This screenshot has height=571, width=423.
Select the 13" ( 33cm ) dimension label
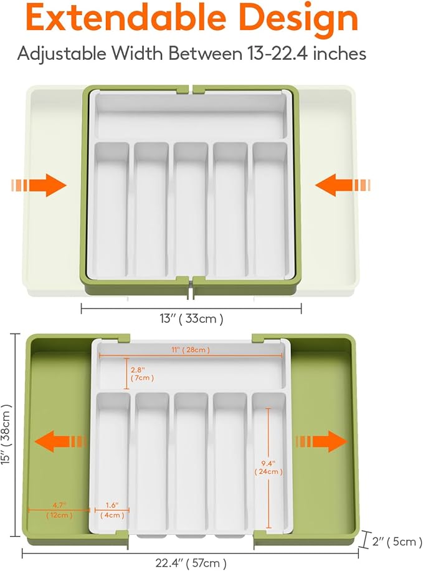coord(191,319)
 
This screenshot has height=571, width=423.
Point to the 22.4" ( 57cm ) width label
coord(191,563)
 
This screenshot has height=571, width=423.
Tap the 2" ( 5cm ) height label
coord(397,542)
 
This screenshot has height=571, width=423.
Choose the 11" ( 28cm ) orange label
coord(191,350)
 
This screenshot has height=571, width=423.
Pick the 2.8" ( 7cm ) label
coord(142,374)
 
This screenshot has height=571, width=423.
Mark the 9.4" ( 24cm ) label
coord(269,468)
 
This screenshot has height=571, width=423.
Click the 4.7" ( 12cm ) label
coord(59,510)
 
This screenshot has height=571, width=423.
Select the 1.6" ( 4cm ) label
coord(112,510)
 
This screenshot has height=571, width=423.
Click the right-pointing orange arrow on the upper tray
coord(39,185)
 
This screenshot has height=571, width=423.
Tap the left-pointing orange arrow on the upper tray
coord(343,185)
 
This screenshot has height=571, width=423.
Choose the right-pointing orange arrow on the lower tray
coord(321,441)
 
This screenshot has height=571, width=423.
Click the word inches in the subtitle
coord(340,54)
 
